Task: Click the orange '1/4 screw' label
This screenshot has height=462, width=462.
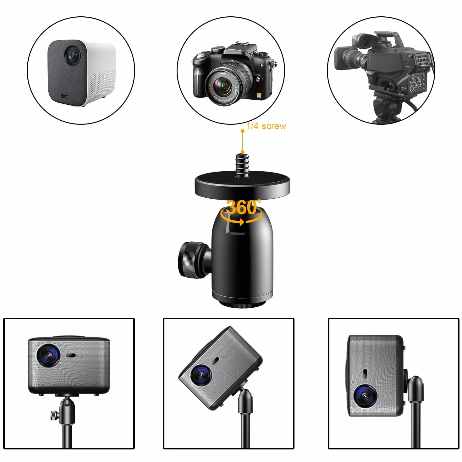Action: (267, 126)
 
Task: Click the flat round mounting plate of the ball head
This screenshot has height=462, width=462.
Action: (242, 185)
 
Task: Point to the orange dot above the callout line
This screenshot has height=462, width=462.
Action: (243, 131)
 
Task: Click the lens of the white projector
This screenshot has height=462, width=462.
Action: (72, 55)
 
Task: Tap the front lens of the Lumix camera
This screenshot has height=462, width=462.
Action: (224, 85)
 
